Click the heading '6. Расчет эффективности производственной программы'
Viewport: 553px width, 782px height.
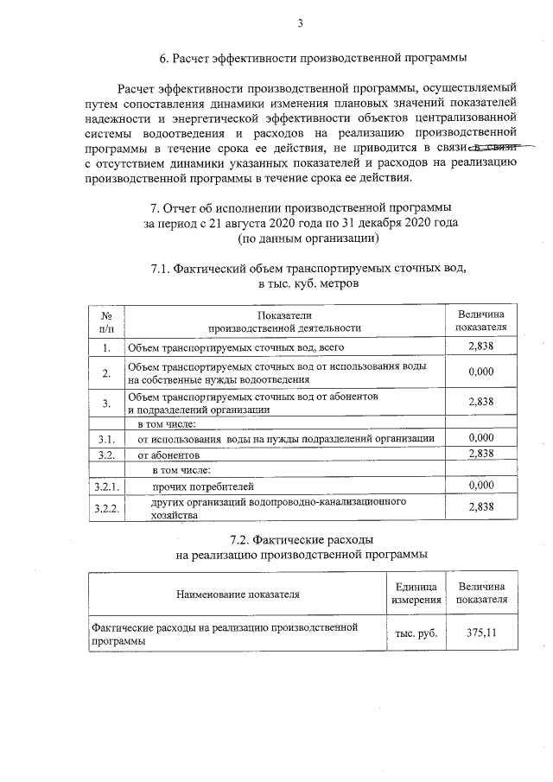point(313,59)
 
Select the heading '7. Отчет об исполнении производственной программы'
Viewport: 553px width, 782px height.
point(300,208)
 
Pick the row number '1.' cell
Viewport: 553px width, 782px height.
point(106,347)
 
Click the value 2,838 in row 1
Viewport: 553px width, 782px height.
point(480,346)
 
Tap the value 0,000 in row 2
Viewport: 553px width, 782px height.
point(480,372)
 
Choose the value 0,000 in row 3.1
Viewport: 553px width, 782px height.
point(480,438)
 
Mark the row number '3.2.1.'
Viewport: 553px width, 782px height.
point(106,486)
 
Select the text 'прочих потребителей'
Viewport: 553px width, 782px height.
point(203,486)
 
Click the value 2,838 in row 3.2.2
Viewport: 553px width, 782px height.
point(480,507)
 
